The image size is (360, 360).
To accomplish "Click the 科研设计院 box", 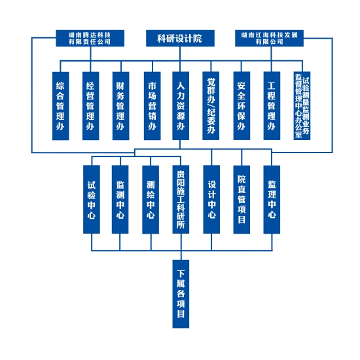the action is coord(180,38).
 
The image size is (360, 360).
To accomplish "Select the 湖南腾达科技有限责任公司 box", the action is coord(90,38).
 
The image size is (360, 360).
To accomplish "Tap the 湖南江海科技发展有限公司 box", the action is coord(269,38).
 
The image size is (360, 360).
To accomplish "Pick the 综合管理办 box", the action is coord(61,106).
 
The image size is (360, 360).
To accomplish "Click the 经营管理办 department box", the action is coord(91,106).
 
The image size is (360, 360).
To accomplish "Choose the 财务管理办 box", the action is coord(121,106).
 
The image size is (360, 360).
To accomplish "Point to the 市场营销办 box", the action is coord(153,106).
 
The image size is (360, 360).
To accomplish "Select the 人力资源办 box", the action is coord(181,106).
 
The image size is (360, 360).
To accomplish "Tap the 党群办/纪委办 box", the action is coord(211,106).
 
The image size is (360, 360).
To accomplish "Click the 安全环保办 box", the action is coord(242,106).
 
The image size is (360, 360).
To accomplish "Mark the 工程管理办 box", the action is coord(272,106).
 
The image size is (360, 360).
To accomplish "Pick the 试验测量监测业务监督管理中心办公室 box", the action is coord(302,106).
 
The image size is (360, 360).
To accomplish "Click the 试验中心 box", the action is coord(92,199).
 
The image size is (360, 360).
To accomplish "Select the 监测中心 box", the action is coord(120,199).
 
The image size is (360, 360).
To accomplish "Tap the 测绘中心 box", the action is coord(151,199).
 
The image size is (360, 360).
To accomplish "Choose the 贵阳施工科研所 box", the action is coord(181,199).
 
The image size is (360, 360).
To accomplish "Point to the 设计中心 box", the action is coord(211,199).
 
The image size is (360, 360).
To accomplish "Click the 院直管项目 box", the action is coord(242,199).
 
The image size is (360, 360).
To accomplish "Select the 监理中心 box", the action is coord(272,199).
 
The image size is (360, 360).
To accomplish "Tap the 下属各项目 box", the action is coord(181,294).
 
